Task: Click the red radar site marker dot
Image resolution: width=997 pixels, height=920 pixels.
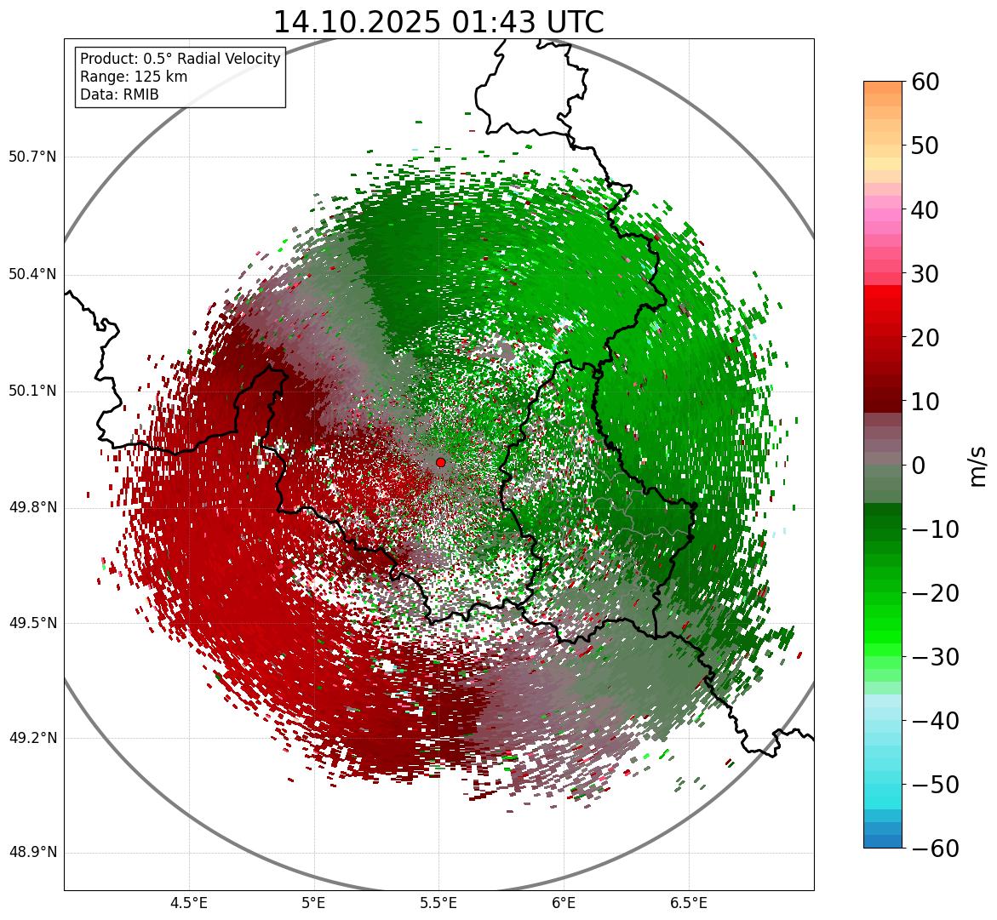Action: point(440,462)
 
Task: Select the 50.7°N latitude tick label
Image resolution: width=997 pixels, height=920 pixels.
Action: point(32,157)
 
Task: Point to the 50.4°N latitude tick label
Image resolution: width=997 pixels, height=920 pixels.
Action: point(32,274)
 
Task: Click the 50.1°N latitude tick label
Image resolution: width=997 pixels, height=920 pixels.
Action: point(32,391)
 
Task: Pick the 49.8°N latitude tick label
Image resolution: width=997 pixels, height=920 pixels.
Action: point(32,508)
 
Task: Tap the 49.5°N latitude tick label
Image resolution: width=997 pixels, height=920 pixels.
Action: point(32,624)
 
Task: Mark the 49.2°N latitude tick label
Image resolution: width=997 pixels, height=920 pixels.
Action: point(32,738)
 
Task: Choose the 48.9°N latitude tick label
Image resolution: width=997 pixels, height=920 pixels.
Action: point(32,853)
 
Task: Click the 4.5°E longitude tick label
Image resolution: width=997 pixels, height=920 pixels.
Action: point(189,903)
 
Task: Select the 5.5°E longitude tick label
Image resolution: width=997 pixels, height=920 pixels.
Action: point(438,903)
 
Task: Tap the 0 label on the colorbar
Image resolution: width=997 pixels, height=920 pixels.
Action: point(919,466)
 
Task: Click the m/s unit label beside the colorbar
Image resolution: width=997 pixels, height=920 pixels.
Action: point(977,466)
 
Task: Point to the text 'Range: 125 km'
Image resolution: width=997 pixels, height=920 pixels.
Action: point(134,77)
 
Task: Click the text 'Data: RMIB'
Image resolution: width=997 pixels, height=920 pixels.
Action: point(119,94)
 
